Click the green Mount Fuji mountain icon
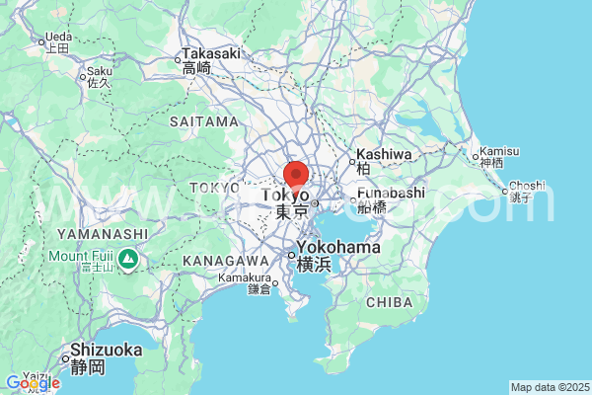pos(127,260)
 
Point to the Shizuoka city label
pos(106,351)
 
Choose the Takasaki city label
pos(210,53)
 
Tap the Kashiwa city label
pos(383,154)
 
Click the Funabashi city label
pos(391,193)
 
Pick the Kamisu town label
pos(493,153)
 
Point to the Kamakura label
pos(244,278)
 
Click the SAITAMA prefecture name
pos(204,121)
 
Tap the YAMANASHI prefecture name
pos(103,233)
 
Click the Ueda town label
pos(58,39)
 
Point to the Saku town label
pos(99,71)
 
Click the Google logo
pos(32,383)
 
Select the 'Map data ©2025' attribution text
pos(549,387)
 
